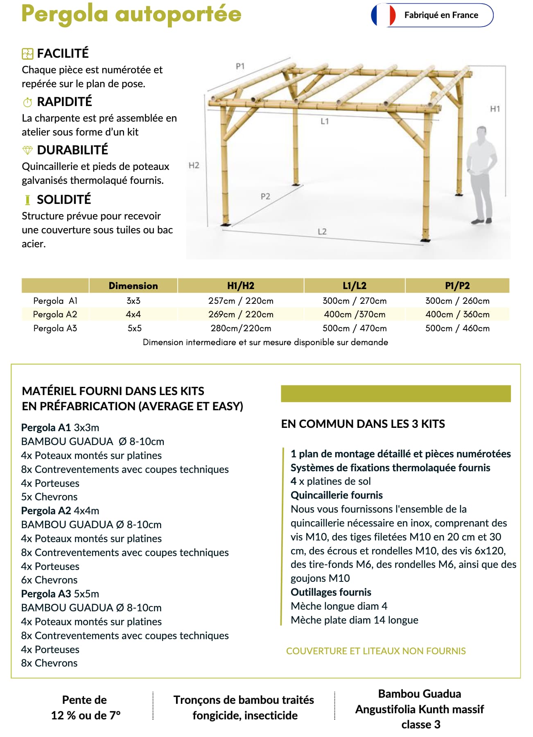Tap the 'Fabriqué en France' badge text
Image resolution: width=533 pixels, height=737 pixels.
click(441, 15)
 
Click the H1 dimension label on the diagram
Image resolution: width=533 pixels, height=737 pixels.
click(495, 109)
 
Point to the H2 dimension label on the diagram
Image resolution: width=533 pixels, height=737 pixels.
click(194, 165)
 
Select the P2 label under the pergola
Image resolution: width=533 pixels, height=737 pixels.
click(265, 197)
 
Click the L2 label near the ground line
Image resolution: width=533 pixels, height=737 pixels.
click(322, 232)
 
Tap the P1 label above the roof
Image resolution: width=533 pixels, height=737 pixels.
click(240, 66)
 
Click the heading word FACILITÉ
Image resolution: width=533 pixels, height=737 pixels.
click(63, 53)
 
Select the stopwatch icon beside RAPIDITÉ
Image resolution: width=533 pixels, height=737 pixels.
click(27, 102)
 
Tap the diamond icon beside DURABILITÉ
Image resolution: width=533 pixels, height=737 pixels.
click(27, 150)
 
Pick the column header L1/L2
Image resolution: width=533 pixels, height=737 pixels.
click(354, 286)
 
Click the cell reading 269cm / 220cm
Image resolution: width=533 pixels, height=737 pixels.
click(241, 314)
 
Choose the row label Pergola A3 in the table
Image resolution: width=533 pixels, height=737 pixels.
click(55, 328)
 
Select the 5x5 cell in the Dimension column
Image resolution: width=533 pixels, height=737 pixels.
click(134, 328)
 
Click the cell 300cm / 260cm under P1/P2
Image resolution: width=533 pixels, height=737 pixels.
click(457, 301)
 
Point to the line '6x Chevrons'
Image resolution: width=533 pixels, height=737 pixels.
click(49, 580)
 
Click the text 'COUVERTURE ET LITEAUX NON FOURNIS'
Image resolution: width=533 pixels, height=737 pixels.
click(376, 651)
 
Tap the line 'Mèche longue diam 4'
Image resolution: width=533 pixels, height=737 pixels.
click(339, 606)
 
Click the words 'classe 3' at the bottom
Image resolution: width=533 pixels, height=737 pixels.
click(420, 725)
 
